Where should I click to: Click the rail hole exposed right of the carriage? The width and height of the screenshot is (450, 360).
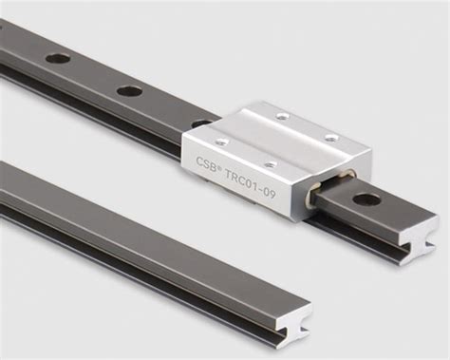[366, 199]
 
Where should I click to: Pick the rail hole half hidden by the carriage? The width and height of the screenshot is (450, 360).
[200, 123]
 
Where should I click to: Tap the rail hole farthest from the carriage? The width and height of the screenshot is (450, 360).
[58, 59]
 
